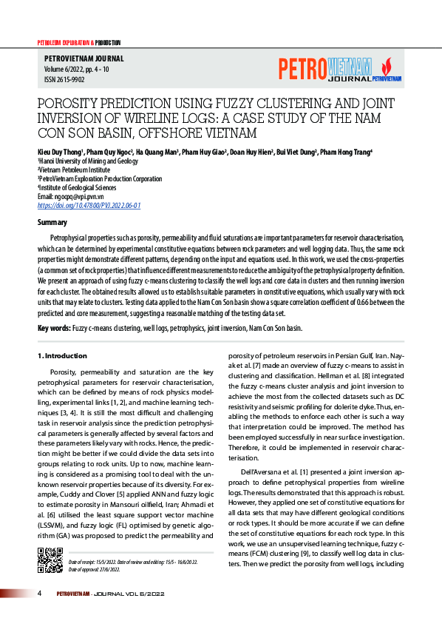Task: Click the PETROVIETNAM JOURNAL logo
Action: click(x=339, y=70)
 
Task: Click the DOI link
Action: click(x=89, y=205)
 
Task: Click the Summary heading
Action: click(x=52, y=222)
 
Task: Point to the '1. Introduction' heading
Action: click(x=62, y=356)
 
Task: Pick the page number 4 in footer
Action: click(x=39, y=593)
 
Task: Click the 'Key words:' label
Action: click(x=54, y=328)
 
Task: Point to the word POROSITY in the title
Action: click(x=68, y=103)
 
